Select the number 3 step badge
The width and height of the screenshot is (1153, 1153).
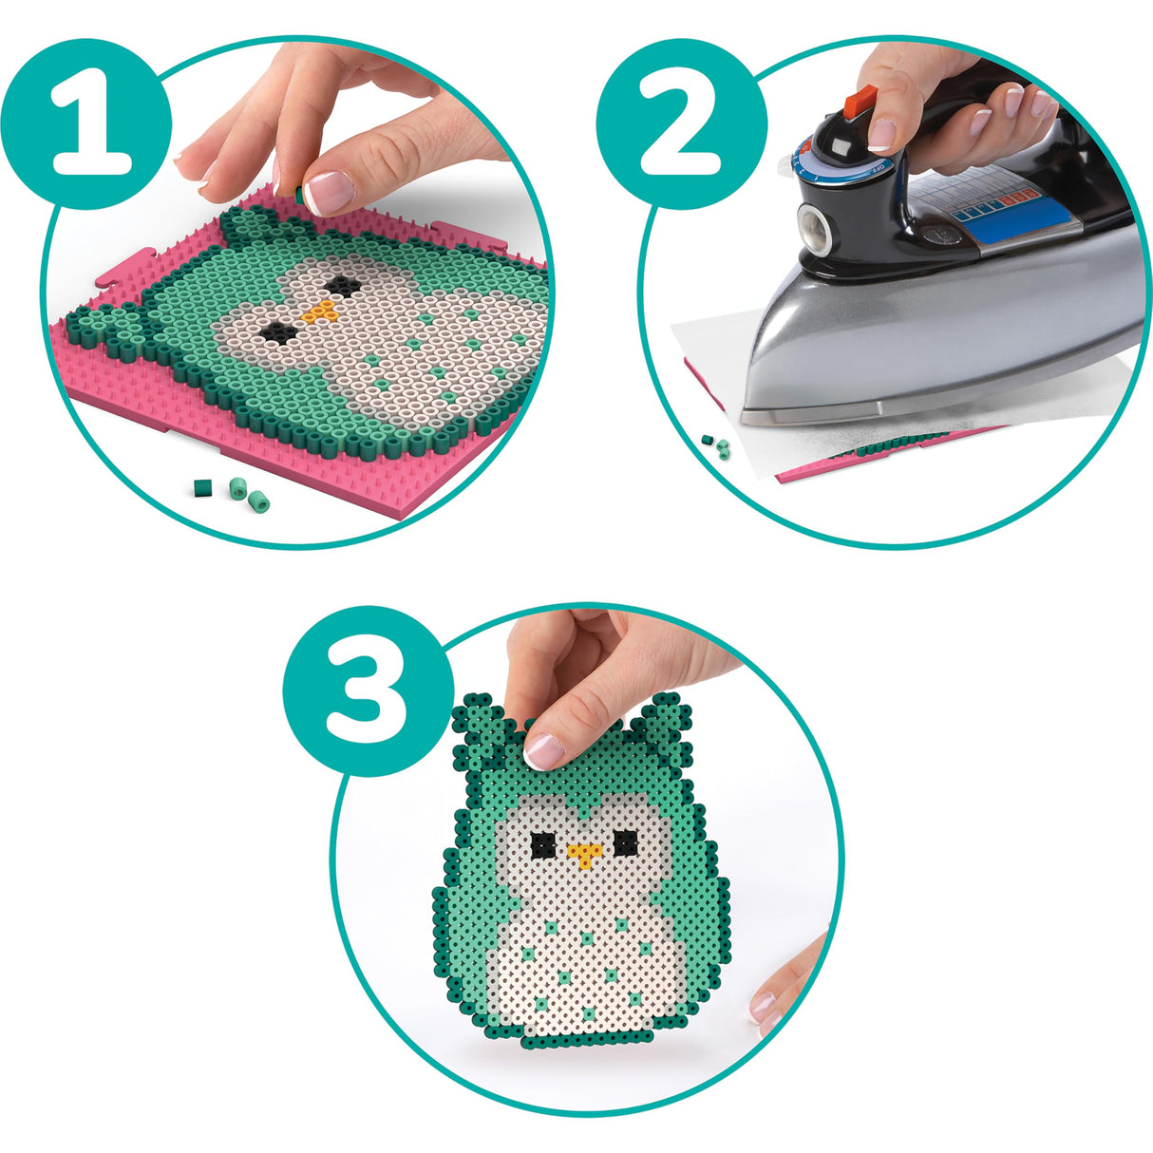[368, 690]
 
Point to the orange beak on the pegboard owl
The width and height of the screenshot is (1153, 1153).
[324, 312]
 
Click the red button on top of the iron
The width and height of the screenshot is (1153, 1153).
[861, 99]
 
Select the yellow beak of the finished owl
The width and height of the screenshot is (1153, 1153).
[582, 856]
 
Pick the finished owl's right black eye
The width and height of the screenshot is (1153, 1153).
[625, 841]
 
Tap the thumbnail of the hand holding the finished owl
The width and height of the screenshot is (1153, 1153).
[544, 752]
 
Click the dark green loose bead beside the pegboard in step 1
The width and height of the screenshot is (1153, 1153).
[201, 488]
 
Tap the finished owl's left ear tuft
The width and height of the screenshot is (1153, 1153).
[480, 720]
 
